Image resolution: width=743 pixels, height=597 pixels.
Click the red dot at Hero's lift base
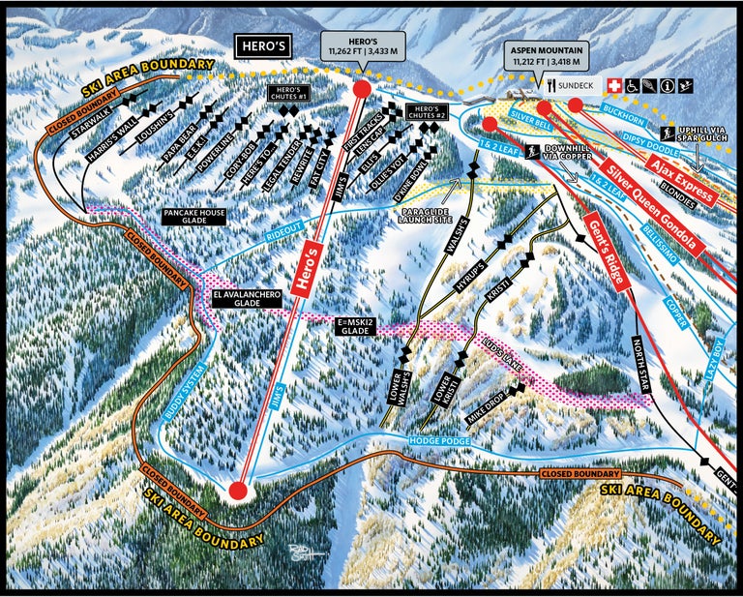237,491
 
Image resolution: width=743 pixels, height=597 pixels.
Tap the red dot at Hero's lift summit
362,89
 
